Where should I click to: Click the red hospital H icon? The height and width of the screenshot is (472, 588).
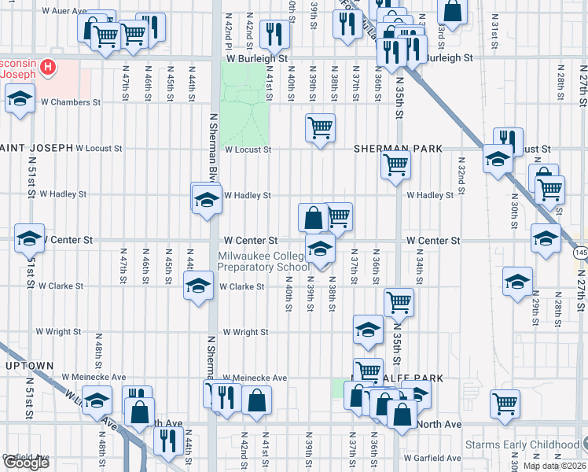49,68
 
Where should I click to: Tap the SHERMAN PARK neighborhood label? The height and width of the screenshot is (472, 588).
398,149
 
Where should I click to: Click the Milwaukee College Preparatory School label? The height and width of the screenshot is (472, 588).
263,261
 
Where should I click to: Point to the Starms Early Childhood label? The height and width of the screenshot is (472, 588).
523,444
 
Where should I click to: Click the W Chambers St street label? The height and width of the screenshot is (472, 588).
71,102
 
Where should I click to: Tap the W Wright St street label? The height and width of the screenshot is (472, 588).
245,333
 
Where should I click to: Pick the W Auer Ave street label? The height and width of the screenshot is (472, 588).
64,12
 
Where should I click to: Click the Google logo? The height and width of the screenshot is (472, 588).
26,463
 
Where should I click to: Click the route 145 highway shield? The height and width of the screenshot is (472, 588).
580,253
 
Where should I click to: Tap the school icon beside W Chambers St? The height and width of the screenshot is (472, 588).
20,100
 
